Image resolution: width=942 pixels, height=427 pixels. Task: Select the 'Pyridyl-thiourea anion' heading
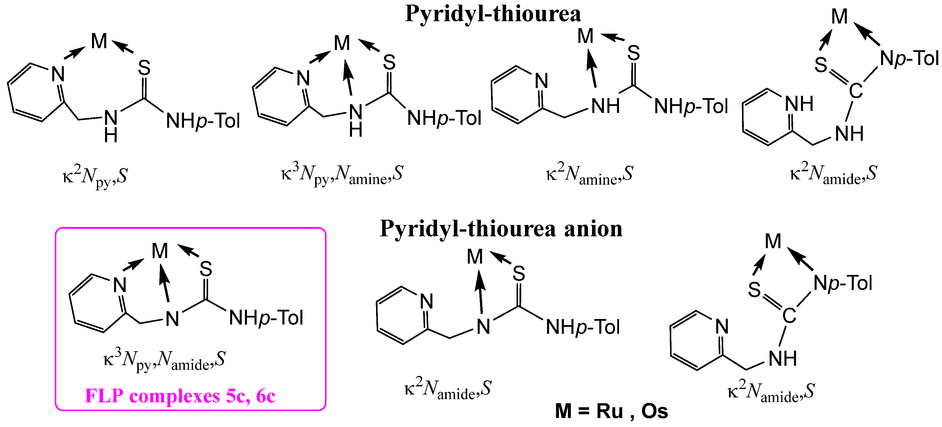click(x=501, y=229)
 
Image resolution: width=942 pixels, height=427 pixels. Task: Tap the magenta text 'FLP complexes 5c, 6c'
click(x=180, y=396)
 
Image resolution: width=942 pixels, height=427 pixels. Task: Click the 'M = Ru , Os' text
click(x=611, y=411)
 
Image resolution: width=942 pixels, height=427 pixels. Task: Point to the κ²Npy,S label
click(x=95, y=176)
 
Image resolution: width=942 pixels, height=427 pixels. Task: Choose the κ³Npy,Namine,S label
click(x=342, y=174)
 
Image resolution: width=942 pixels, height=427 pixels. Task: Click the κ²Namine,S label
click(x=589, y=174)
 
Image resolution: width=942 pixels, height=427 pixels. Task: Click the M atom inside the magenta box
click(x=160, y=251)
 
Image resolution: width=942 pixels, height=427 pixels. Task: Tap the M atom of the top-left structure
click(x=99, y=41)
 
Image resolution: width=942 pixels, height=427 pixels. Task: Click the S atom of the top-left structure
click(x=144, y=68)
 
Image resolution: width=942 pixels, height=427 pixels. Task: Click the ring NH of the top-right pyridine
click(x=799, y=104)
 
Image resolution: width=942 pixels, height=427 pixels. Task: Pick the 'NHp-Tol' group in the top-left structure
click(x=203, y=121)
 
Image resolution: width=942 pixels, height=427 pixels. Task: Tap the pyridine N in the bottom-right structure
click(x=722, y=326)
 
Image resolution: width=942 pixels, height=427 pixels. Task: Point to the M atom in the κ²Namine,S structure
click(x=585, y=36)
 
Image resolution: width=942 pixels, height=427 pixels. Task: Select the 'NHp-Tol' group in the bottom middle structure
click(x=582, y=327)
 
